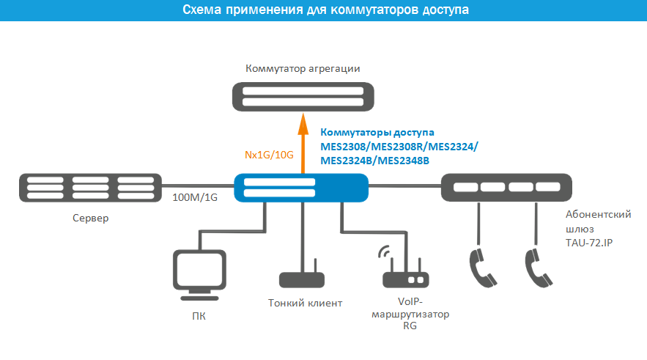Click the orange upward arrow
pyautogui.click(x=303, y=144)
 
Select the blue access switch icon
pyautogui.click(x=301, y=188)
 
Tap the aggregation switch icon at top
pyautogui.click(x=303, y=97)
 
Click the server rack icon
pyautogui.click(x=90, y=188)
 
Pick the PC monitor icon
pyautogui.click(x=199, y=274)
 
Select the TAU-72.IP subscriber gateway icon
pyautogui.click(x=507, y=188)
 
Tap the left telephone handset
pyautogui.click(x=483, y=268)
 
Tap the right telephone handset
pyautogui.click(x=539, y=268)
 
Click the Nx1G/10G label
pyautogui.click(x=269, y=155)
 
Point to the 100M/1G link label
pyautogui.click(x=195, y=197)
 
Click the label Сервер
pyautogui.click(x=90, y=218)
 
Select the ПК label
pyautogui.click(x=199, y=316)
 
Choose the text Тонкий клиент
pyautogui.click(x=306, y=303)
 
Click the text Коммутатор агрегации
pyautogui.click(x=303, y=68)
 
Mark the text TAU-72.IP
pyautogui.click(x=589, y=243)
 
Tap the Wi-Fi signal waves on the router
pyautogui.click(x=384, y=251)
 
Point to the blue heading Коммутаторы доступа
pyautogui.click(x=377, y=133)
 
